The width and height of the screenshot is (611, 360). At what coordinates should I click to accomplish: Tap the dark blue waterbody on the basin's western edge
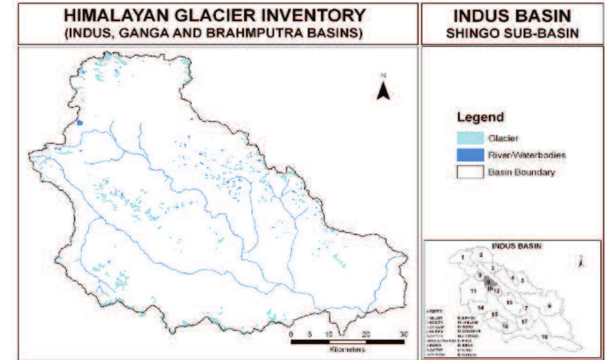coord(80,123)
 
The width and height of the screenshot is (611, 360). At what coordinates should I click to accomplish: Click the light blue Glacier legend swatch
coord(470,138)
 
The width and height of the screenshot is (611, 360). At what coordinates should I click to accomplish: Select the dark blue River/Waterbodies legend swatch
coord(470,155)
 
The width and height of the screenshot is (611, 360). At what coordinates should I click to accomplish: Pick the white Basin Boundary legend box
coord(470,172)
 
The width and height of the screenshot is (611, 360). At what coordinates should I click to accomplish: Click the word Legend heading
coord(480,117)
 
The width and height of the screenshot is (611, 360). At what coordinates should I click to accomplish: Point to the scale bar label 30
coord(404,334)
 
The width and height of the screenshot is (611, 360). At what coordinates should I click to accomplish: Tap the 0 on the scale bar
coord(291,334)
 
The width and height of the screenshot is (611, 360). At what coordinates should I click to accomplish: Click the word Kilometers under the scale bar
coord(347,349)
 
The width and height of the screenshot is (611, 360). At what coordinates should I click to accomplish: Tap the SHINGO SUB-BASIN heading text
coord(512,33)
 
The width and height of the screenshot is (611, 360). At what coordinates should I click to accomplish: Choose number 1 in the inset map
coord(463,257)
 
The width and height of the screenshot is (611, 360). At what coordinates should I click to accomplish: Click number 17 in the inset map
coord(524,322)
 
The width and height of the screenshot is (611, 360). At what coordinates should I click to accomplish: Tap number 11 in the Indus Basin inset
coord(474,291)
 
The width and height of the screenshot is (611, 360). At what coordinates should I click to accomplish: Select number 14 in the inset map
coord(480,308)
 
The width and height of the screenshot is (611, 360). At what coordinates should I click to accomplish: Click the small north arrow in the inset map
coord(581,262)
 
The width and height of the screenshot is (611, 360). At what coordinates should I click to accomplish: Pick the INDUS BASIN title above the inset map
coord(516,246)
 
